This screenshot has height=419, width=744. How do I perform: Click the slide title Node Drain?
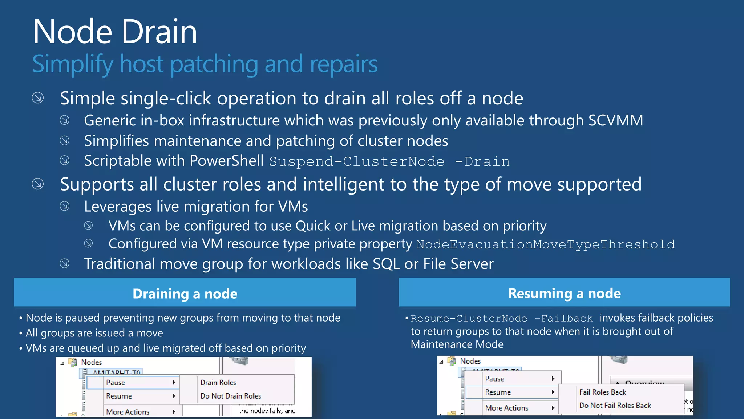pyautogui.click(x=115, y=32)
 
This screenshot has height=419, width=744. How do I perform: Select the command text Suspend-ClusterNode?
pyautogui.click(x=356, y=161)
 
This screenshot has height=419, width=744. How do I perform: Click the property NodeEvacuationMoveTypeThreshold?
pyautogui.click(x=545, y=244)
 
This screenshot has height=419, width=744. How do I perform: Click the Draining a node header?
pyautogui.click(x=185, y=294)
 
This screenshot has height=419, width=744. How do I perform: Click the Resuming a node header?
pyautogui.click(x=564, y=293)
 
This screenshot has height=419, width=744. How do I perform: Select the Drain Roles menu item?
pyautogui.click(x=218, y=383)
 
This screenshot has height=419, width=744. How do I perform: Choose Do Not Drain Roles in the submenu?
pyautogui.click(x=231, y=396)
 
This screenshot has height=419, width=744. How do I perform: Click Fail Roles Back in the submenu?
pyautogui.click(x=603, y=392)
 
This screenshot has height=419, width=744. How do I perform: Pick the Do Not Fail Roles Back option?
pyautogui.click(x=615, y=406)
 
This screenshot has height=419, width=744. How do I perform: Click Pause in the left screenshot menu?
pyautogui.click(x=116, y=383)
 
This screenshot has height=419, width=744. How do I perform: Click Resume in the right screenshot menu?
pyautogui.click(x=498, y=392)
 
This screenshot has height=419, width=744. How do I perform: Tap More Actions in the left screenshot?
pyautogui.click(x=128, y=412)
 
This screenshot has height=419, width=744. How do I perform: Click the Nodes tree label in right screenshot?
pyautogui.click(x=470, y=361)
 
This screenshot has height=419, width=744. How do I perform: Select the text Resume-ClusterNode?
pyautogui.click(x=469, y=319)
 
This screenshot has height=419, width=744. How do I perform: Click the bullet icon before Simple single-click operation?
pyautogui.click(x=38, y=98)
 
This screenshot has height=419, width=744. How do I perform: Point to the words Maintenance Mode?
pyautogui.click(x=457, y=344)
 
